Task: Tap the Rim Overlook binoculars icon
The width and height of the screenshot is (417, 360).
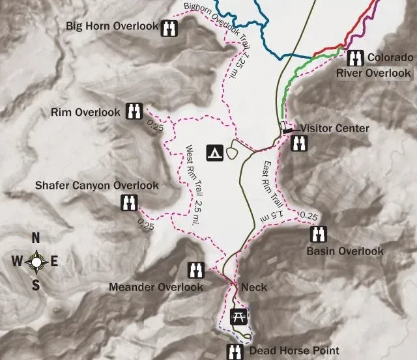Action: click(x=134, y=111)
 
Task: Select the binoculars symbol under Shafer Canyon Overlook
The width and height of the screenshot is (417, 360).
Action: click(x=128, y=203)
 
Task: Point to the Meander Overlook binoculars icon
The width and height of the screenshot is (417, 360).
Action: click(x=196, y=269)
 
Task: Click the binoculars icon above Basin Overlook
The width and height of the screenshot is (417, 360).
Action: click(x=319, y=234)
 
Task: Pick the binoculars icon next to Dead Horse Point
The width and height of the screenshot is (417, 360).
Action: click(x=233, y=352)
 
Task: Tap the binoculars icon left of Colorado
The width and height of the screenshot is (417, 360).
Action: click(x=355, y=57)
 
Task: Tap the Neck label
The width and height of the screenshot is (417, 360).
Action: click(x=253, y=287)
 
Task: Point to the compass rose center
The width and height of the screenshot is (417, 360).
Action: click(x=36, y=262)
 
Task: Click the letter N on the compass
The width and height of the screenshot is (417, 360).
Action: click(x=36, y=238)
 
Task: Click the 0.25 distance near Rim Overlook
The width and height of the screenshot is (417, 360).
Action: click(x=155, y=127)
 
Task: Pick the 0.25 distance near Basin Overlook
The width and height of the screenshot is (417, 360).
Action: click(x=309, y=216)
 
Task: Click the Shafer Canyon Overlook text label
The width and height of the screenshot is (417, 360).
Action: click(x=97, y=186)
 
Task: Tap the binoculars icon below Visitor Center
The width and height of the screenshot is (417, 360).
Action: click(x=300, y=143)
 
